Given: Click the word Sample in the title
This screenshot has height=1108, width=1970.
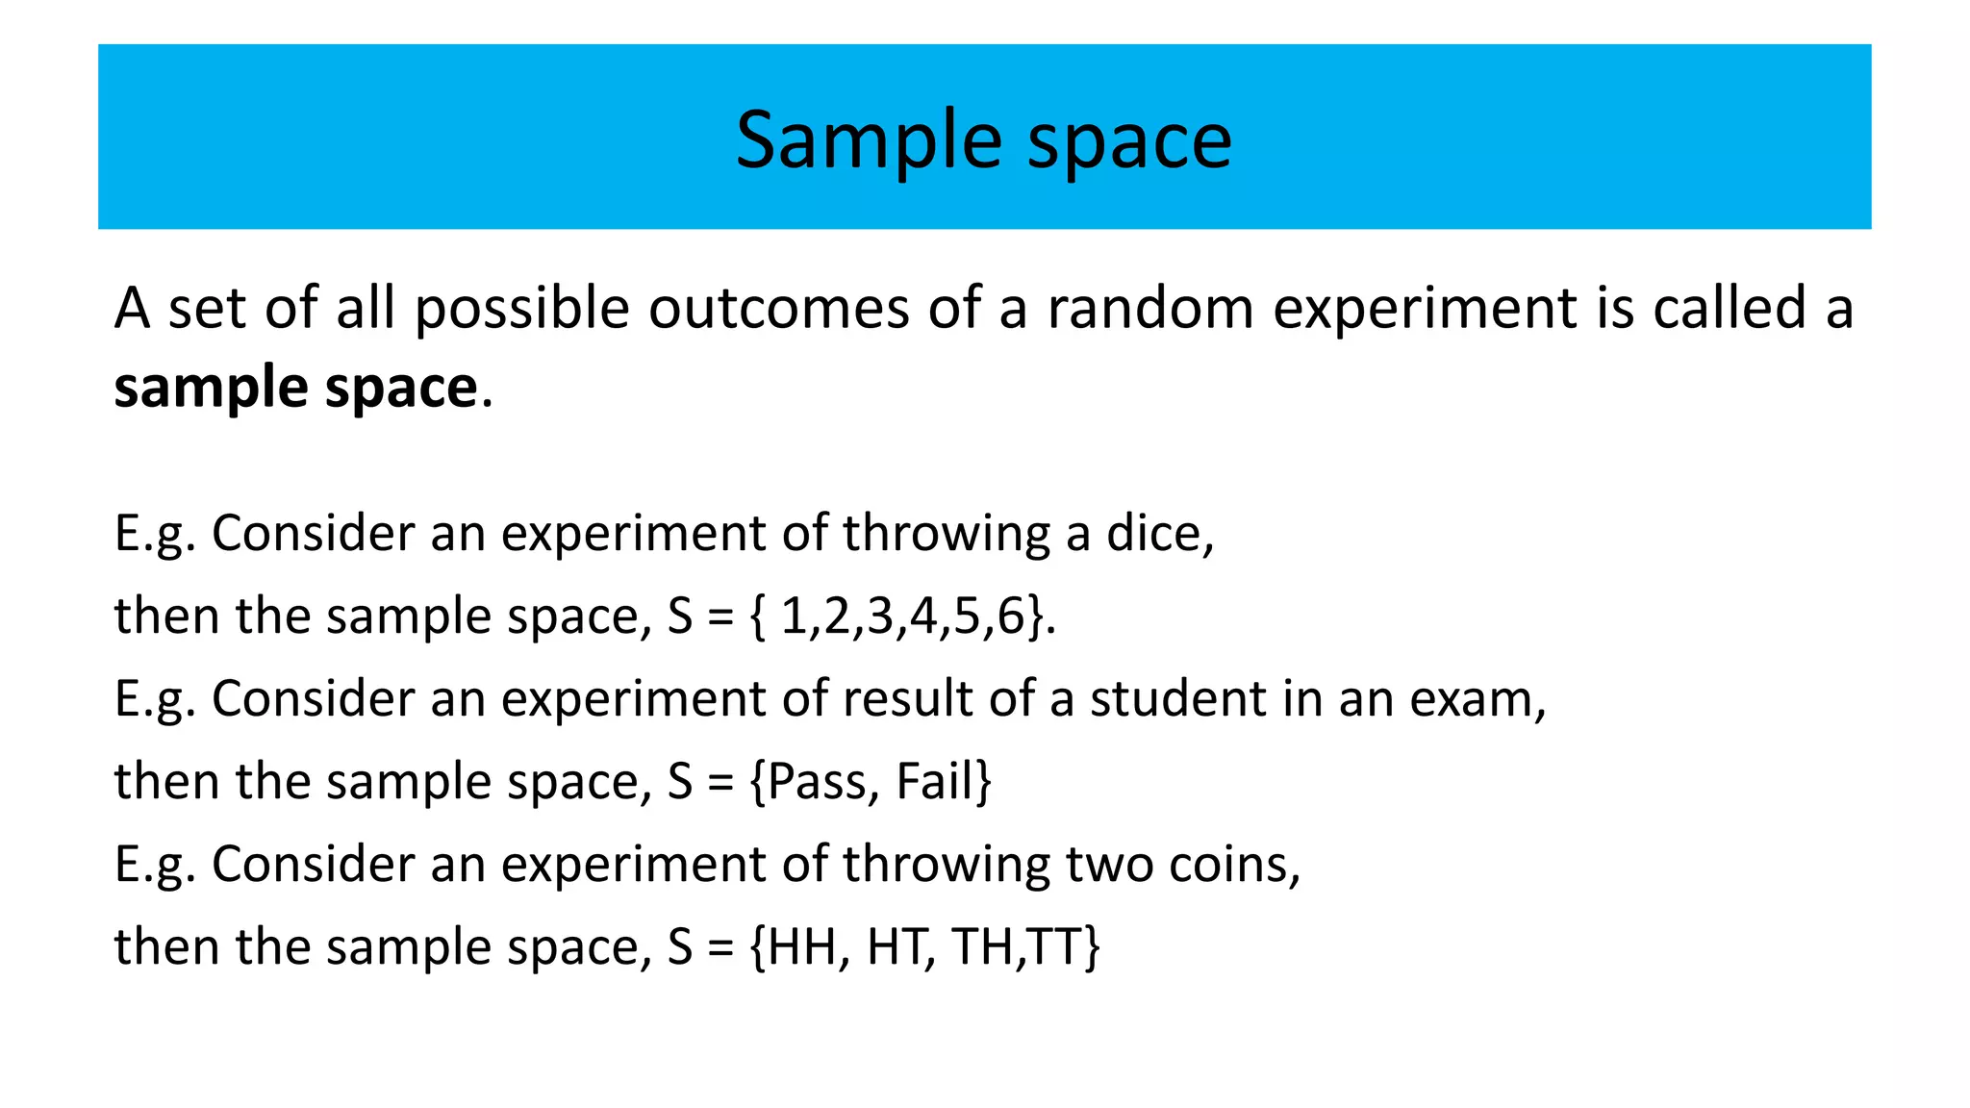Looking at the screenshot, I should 868,140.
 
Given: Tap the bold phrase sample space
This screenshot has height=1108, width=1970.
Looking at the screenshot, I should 295,388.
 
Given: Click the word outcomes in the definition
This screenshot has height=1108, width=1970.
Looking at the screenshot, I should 777,309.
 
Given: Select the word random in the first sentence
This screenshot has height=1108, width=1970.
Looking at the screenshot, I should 1149,309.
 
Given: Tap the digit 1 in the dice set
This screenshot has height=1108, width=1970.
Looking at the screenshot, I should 793,617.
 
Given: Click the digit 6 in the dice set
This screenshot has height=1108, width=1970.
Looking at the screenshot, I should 1011,617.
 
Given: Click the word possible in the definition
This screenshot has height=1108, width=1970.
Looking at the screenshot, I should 521,311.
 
